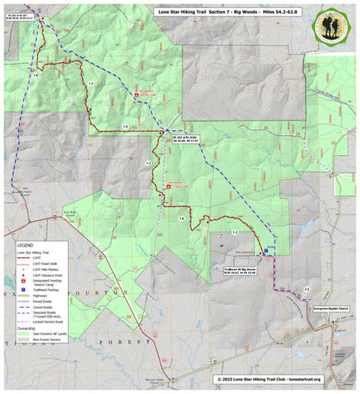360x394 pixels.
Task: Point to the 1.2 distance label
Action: pyautogui.click(x=91, y=82)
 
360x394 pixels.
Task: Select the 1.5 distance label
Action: pyautogui.click(x=125, y=127)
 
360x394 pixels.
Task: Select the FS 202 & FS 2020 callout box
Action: pyautogui.click(x=184, y=139)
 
